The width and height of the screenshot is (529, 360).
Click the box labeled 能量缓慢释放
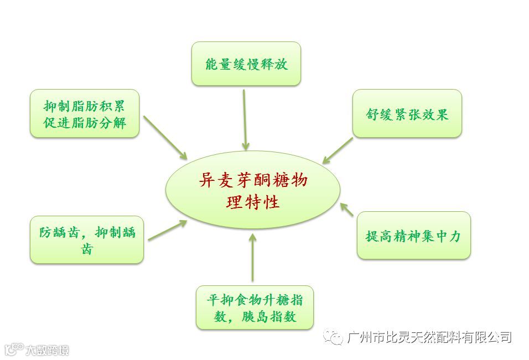(246, 64)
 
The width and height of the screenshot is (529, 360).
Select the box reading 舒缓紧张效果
(407, 113)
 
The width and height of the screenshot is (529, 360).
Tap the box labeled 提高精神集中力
(413, 236)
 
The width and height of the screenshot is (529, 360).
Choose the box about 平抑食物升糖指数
(255, 308)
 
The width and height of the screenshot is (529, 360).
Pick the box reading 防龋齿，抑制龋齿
(87, 239)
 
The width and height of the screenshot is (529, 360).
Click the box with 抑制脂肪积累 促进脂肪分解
(85, 113)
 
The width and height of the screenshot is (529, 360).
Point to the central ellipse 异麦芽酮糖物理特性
(253, 190)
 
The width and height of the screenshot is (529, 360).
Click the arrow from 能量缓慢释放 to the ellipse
(245, 119)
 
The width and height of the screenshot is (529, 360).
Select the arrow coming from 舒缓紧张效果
(338, 150)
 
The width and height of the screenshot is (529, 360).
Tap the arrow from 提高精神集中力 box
(347, 209)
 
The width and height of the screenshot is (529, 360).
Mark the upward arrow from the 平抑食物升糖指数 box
(252, 257)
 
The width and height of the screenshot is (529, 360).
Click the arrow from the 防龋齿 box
(168, 231)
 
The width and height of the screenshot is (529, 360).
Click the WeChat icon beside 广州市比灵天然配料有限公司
(335, 337)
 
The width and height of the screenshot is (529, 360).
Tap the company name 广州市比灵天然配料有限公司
(430, 337)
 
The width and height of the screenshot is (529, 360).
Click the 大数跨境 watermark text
(47, 349)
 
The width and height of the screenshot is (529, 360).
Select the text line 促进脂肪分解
(85, 123)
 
